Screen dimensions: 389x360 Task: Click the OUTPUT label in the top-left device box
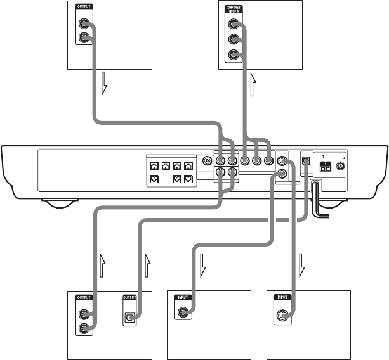[x=83, y=6]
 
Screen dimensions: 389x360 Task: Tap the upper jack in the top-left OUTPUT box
[x=83, y=25]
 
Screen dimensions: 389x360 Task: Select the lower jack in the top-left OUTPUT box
[x=83, y=39]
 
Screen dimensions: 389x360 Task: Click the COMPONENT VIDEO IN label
[x=234, y=7]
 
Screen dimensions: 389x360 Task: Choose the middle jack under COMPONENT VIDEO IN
[x=234, y=39]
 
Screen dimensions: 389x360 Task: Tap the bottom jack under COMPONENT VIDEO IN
[x=234, y=54]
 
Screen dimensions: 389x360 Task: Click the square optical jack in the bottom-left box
[x=129, y=315]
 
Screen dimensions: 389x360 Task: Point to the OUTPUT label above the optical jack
[x=129, y=296]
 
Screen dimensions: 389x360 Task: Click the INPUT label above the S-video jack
[x=282, y=297]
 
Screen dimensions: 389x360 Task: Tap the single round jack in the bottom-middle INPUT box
[x=184, y=312]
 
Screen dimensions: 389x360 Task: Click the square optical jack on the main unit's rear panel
[x=306, y=161]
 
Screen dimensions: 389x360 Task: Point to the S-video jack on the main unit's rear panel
[x=282, y=161]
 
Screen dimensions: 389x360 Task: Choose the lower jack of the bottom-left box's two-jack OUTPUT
[x=83, y=328]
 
